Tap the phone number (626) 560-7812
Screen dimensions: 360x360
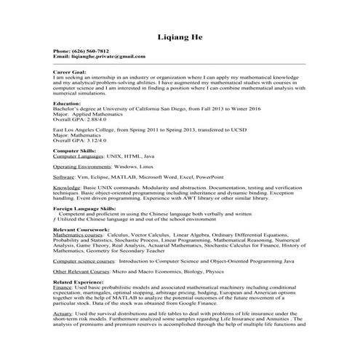pos(91,52)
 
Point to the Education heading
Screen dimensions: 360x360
pos(68,104)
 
